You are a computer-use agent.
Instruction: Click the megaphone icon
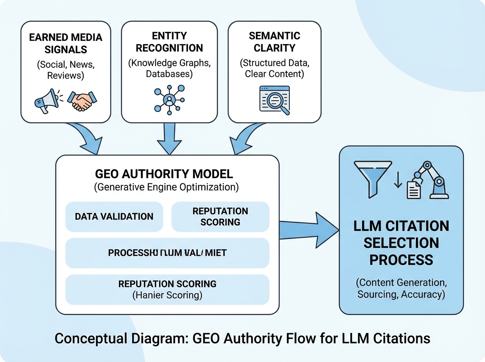pos(46,101)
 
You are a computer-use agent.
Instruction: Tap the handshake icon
pos(82,101)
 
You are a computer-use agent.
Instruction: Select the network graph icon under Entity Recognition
pos(169,99)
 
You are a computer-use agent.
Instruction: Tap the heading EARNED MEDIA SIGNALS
pos(65,44)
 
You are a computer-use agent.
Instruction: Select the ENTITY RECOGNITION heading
pos(169,42)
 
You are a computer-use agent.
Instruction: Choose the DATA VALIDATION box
pos(114,217)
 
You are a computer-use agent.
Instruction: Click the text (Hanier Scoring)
pos(167,295)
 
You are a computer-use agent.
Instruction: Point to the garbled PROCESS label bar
pos(167,253)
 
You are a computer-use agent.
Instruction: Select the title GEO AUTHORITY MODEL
pos(164,174)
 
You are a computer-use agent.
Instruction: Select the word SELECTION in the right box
pos(401,242)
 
